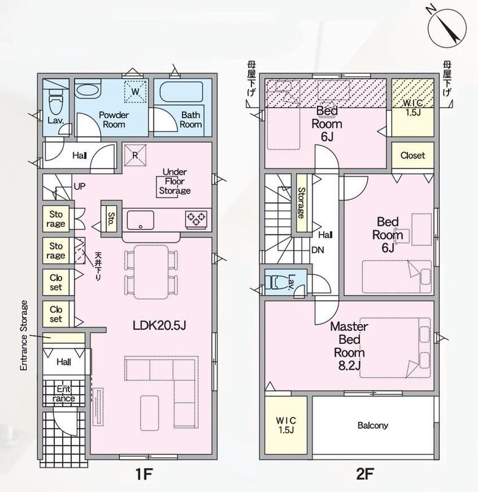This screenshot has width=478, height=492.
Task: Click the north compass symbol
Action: pyautogui.click(x=446, y=27)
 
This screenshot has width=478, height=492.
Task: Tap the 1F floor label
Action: pyautogui.click(x=144, y=474)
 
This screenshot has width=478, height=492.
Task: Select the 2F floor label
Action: pyautogui.click(x=365, y=474)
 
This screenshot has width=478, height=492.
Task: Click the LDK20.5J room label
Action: pyautogui.click(x=159, y=325)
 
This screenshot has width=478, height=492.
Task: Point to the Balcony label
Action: pyautogui.click(x=373, y=426)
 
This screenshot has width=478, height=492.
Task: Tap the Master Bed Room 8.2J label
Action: pyautogui.click(x=349, y=346)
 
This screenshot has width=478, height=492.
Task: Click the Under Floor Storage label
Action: pyautogui.click(x=174, y=181)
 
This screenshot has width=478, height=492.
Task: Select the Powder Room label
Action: pyautogui.click(x=114, y=119)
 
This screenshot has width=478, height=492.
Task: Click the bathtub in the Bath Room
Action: pyautogui.click(x=181, y=91)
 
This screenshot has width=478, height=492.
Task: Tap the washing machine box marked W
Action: pyautogui.click(x=135, y=91)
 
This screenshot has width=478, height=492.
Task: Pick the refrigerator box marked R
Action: pyautogui.click(x=135, y=155)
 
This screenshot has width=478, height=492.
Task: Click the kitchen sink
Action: pyautogui.click(x=141, y=220)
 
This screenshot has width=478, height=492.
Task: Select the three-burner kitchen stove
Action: pyautogui.click(x=196, y=218)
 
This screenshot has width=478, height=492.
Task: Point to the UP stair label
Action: pyautogui.click(x=79, y=186)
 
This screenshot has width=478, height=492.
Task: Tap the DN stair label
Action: pyautogui.click(x=318, y=250)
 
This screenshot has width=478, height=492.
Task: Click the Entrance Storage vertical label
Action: pyautogui.click(x=24, y=335)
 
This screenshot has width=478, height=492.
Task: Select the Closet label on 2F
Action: pyautogui.click(x=412, y=156)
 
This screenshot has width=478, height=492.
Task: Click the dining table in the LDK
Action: pyautogui.click(x=151, y=272)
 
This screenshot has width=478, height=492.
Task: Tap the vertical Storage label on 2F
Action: pyautogui.click(x=301, y=203)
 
